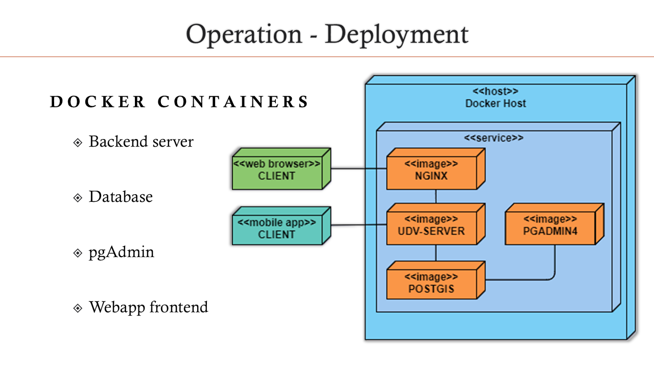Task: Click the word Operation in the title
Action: coord(244,35)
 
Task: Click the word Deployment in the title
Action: coord(396,35)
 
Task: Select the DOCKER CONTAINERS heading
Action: coord(179,102)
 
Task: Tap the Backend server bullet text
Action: coord(141,142)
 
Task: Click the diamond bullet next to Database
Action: coord(78,198)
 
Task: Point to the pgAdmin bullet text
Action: coord(121,252)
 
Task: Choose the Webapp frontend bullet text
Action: coord(148,307)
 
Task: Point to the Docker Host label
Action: coord(496,103)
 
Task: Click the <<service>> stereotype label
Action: coord(493,138)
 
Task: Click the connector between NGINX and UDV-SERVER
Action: coord(435,197)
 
